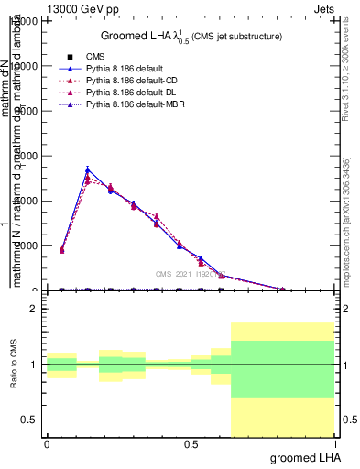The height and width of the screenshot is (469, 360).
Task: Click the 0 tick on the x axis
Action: pos(47,444)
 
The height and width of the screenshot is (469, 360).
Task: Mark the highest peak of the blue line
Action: pos(87,169)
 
